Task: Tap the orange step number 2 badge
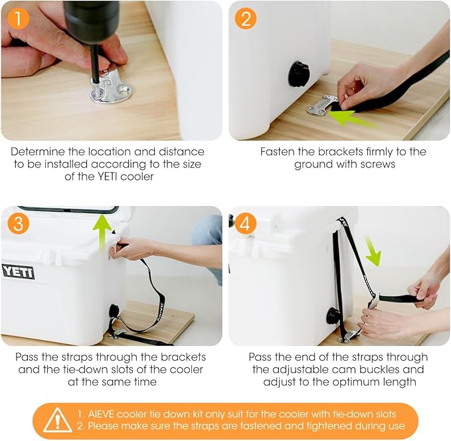click(x=246, y=19)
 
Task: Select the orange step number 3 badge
click(x=18, y=223)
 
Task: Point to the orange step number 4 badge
click(x=245, y=224)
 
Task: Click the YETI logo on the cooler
click(x=18, y=272)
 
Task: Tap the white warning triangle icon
click(x=58, y=420)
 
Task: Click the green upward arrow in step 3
click(x=102, y=232)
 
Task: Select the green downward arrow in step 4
click(x=373, y=250)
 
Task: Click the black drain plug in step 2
click(x=299, y=74)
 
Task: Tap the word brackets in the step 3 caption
click(x=183, y=357)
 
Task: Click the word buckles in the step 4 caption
click(x=381, y=369)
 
